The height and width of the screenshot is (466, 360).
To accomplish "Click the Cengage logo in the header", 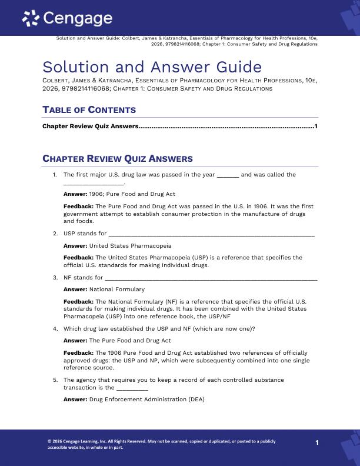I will coord(67,19).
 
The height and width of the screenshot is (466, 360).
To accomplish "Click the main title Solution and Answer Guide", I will coord(152,67).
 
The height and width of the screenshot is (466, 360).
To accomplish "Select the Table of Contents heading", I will coord(89,110).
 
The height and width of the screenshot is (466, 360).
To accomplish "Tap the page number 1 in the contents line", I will coord(316,126).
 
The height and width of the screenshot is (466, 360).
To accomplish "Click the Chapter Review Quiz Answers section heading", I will coord(117,159).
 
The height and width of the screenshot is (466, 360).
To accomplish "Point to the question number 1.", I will coord(55,175).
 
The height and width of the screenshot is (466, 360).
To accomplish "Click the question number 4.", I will coord(55,328).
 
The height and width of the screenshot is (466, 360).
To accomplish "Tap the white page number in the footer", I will coord(316,443).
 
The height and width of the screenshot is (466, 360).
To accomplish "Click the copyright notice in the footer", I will coord(161,444).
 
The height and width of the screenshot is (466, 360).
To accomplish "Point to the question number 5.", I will coord(55,380).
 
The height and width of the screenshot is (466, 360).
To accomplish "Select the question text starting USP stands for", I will coord(85,234).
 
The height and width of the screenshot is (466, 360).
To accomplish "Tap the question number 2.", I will coord(55,234).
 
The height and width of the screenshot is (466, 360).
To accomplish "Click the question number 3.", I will coord(55,278).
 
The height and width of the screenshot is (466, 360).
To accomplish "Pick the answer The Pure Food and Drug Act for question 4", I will coord(129,340).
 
